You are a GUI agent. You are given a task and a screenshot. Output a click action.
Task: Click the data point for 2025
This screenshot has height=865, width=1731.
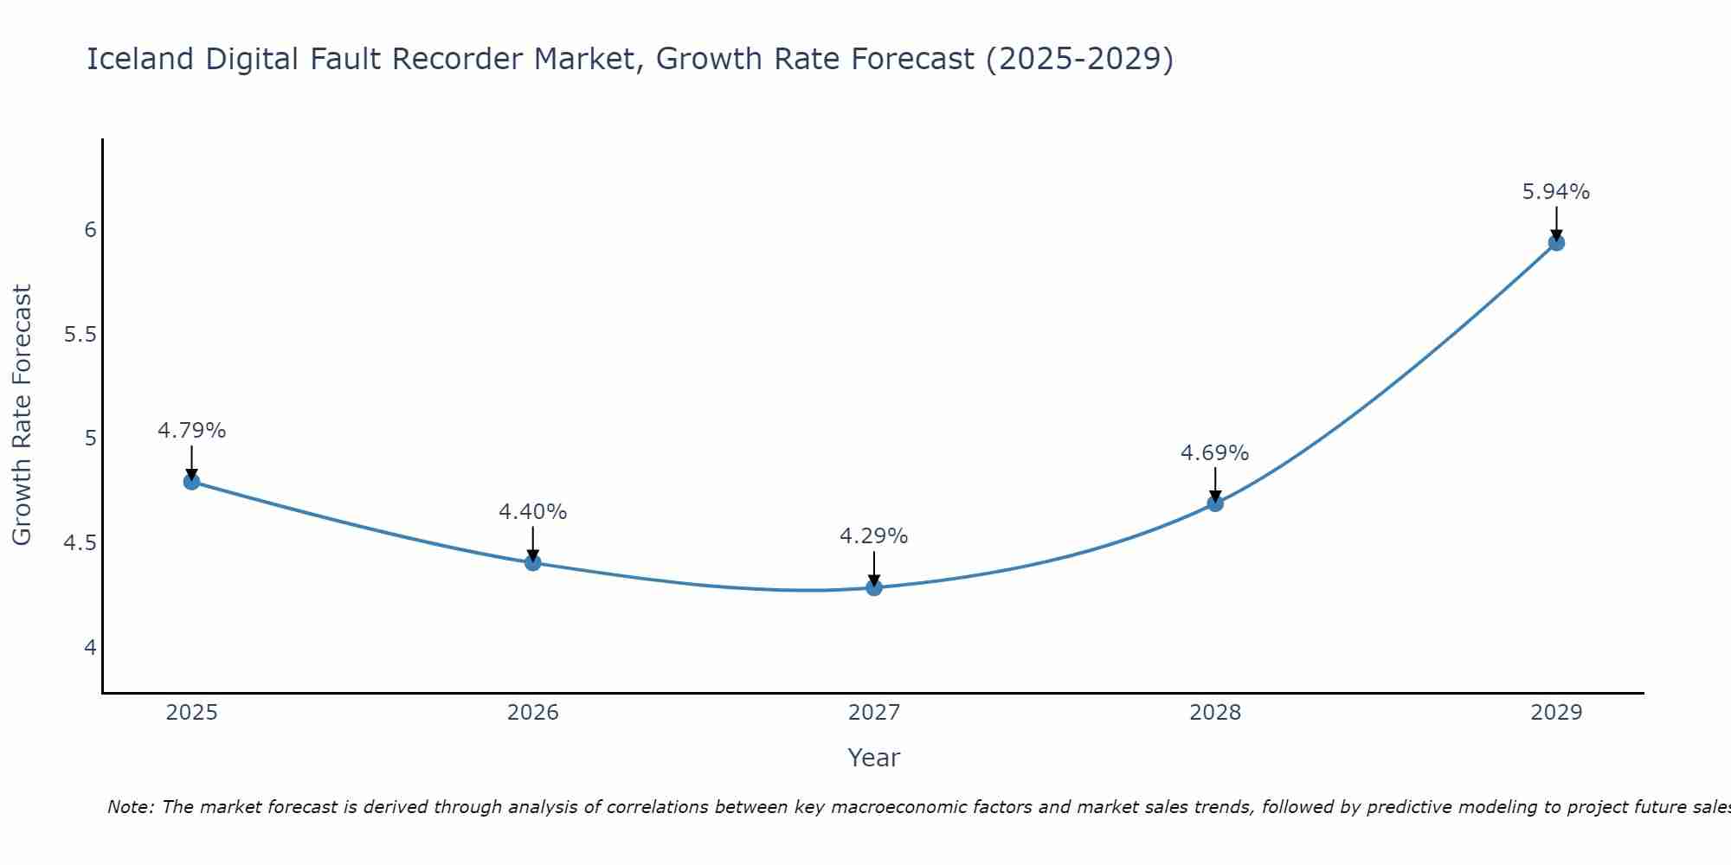point(192,482)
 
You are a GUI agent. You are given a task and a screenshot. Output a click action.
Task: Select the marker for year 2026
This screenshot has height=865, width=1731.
point(533,563)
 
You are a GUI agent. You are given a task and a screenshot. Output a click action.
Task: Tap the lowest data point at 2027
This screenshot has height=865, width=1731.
point(874,588)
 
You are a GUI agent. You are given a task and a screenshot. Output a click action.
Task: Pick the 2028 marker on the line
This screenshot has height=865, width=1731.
point(1215,503)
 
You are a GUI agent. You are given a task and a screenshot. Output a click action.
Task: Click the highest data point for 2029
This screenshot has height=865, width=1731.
point(1556,243)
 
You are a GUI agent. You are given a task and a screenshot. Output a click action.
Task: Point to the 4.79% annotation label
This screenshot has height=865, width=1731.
point(192,431)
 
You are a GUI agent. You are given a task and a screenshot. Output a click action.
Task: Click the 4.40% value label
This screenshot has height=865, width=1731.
point(533,512)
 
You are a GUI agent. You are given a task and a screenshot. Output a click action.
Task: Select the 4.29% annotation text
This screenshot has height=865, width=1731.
point(874,536)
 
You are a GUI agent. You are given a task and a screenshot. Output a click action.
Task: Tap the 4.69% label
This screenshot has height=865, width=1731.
point(1215,453)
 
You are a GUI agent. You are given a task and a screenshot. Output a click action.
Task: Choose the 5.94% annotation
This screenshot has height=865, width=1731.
point(1556,192)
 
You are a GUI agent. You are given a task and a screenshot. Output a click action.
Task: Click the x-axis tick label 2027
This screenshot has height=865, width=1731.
point(874,713)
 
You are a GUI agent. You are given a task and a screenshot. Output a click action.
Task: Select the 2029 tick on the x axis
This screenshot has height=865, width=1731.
point(1556,713)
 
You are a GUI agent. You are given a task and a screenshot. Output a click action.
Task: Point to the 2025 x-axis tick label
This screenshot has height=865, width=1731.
point(192,713)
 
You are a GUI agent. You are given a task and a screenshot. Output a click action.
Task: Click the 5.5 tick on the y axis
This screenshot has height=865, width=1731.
point(80,335)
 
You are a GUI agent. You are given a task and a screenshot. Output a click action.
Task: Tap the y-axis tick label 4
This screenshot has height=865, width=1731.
point(90,648)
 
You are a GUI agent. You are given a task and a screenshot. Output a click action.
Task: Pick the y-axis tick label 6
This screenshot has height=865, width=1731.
point(90,230)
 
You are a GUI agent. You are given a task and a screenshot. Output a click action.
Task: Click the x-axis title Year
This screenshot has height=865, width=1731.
point(874,758)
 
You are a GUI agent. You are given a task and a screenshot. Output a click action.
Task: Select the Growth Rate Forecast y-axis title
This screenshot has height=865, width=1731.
point(22,415)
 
